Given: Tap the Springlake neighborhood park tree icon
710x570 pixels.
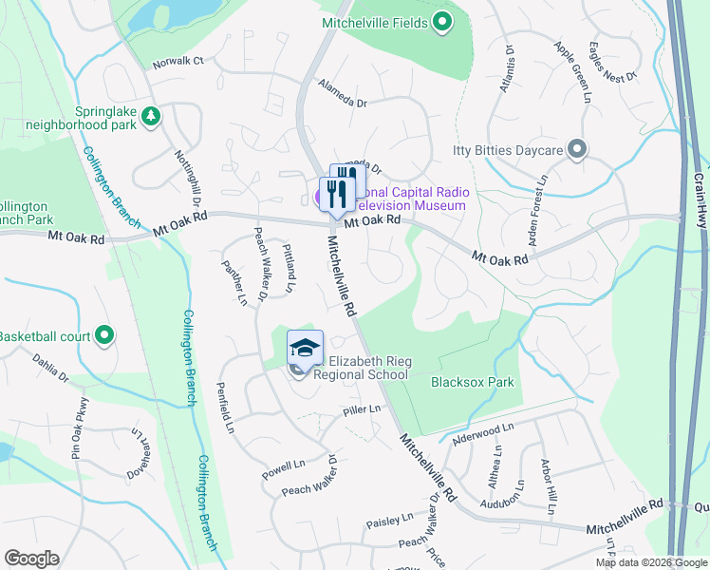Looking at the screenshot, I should (x=150, y=116).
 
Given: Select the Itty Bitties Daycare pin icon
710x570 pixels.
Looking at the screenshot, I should (x=576, y=149).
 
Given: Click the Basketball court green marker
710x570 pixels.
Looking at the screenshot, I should (x=104, y=335).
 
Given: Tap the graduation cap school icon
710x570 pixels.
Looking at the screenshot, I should (x=305, y=350).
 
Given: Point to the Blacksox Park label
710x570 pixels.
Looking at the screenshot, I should (x=472, y=382).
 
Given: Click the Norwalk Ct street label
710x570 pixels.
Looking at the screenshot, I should (x=177, y=63).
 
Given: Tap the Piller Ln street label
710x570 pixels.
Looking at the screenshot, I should (x=362, y=409).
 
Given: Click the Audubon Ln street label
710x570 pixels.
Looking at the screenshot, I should (x=502, y=503).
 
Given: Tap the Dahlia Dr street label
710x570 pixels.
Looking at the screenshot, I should (x=50, y=371).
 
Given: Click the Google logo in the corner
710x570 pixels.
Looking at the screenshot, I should (x=31, y=558).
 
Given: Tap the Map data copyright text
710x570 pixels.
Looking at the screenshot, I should (x=650, y=562).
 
